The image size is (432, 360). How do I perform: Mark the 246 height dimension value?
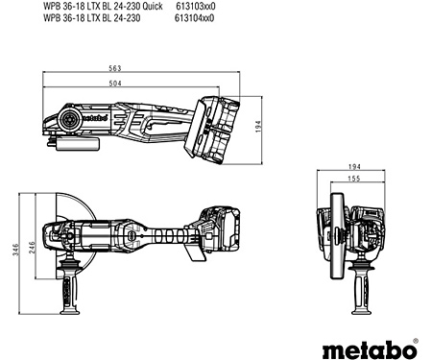28,246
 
